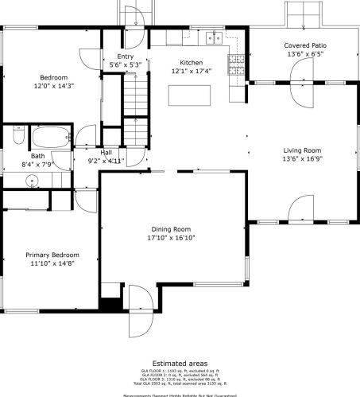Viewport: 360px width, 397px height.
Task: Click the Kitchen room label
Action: (x=191, y=63)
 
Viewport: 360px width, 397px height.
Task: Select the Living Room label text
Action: (x=302, y=150)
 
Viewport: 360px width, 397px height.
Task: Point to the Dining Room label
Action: (x=171, y=228)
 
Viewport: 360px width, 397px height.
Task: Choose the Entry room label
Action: (x=126, y=56)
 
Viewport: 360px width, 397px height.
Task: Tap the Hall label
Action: (x=106, y=152)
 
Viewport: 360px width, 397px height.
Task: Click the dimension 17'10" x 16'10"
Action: (x=171, y=237)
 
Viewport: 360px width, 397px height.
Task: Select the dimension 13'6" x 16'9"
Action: (x=302, y=159)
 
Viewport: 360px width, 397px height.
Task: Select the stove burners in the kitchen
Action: (x=236, y=64)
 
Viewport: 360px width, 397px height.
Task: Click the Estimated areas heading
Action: (x=180, y=363)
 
